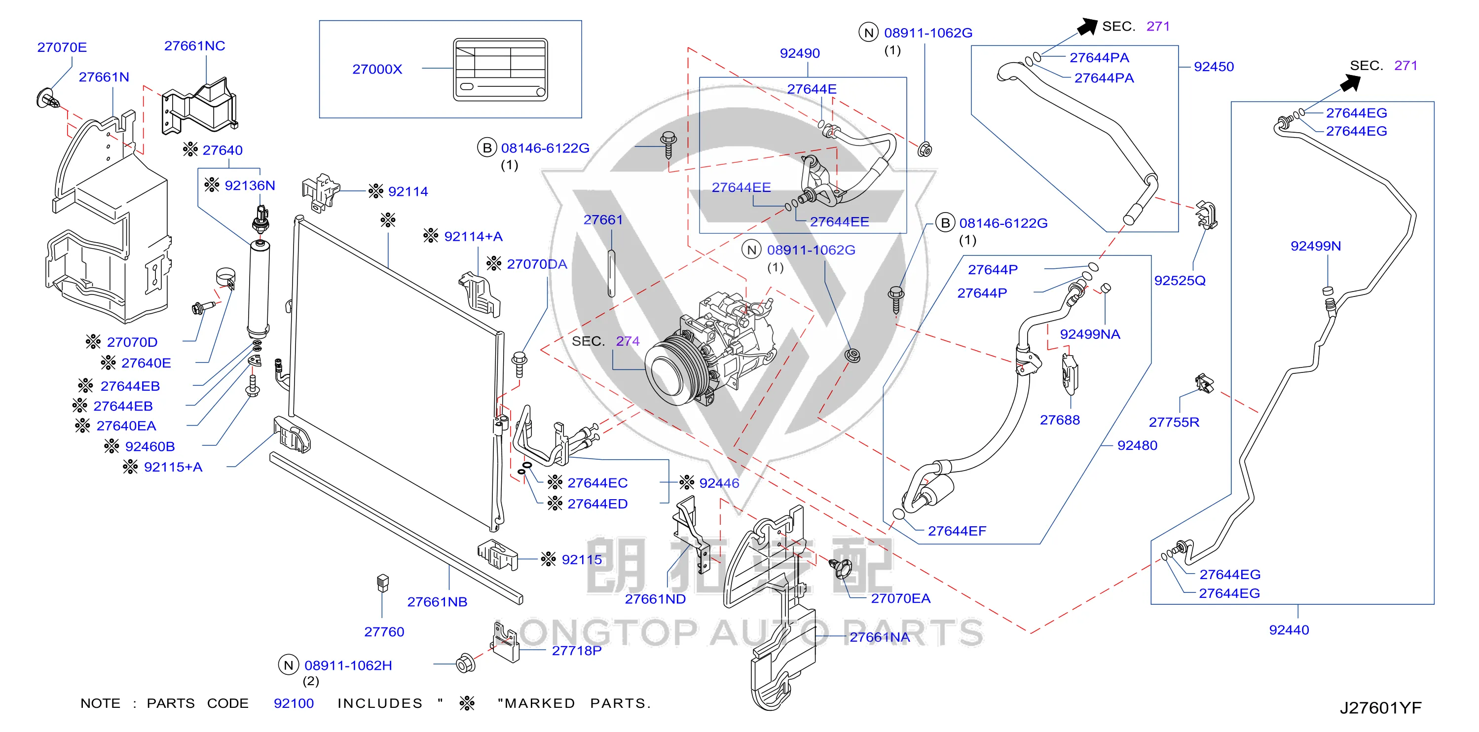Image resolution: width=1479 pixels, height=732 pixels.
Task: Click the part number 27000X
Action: [x=377, y=70]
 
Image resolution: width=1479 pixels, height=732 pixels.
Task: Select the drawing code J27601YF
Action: [x=1381, y=708]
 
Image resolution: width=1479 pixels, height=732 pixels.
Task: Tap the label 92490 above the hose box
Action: [x=800, y=53]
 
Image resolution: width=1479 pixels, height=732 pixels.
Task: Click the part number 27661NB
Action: [x=438, y=602]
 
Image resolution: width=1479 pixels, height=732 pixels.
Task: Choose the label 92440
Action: [x=1289, y=630]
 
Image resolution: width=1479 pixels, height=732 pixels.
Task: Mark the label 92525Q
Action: [x=1180, y=281]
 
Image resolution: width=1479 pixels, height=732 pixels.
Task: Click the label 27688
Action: [x=1060, y=420]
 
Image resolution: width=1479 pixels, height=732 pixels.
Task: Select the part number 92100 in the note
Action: [x=294, y=703]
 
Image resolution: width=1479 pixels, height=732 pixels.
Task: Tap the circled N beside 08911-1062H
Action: [x=288, y=665]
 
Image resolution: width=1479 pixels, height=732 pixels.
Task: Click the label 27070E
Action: [x=62, y=47]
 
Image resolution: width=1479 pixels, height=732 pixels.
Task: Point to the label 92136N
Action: [x=250, y=185]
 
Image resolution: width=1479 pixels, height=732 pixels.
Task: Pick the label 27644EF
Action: [x=957, y=531]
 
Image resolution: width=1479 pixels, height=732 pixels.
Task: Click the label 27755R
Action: [x=1174, y=422]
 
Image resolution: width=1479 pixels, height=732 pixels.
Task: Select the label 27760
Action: [x=384, y=631]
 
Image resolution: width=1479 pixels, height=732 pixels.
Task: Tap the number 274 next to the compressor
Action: [x=628, y=341]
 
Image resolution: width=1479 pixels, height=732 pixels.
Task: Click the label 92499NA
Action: [x=1090, y=334]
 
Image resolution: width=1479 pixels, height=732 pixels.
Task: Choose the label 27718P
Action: [x=576, y=651]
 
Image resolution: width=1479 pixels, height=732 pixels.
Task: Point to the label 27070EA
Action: [x=901, y=598]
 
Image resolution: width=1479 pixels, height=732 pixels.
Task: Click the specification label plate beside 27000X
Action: [x=501, y=70]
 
